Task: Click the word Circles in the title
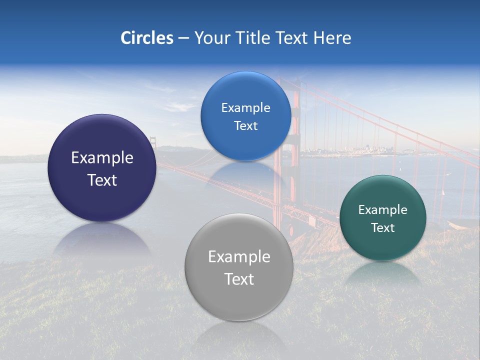(x=147, y=38)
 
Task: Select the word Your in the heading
(x=211, y=38)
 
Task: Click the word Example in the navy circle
(x=102, y=158)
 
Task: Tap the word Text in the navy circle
(x=102, y=180)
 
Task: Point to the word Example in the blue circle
(x=245, y=108)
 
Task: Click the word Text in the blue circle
(x=245, y=126)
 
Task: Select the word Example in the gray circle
(x=239, y=257)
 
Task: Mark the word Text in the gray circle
(x=239, y=279)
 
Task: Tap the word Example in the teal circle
(x=383, y=210)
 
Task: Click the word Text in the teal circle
(x=383, y=228)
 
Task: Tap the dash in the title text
(x=183, y=38)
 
